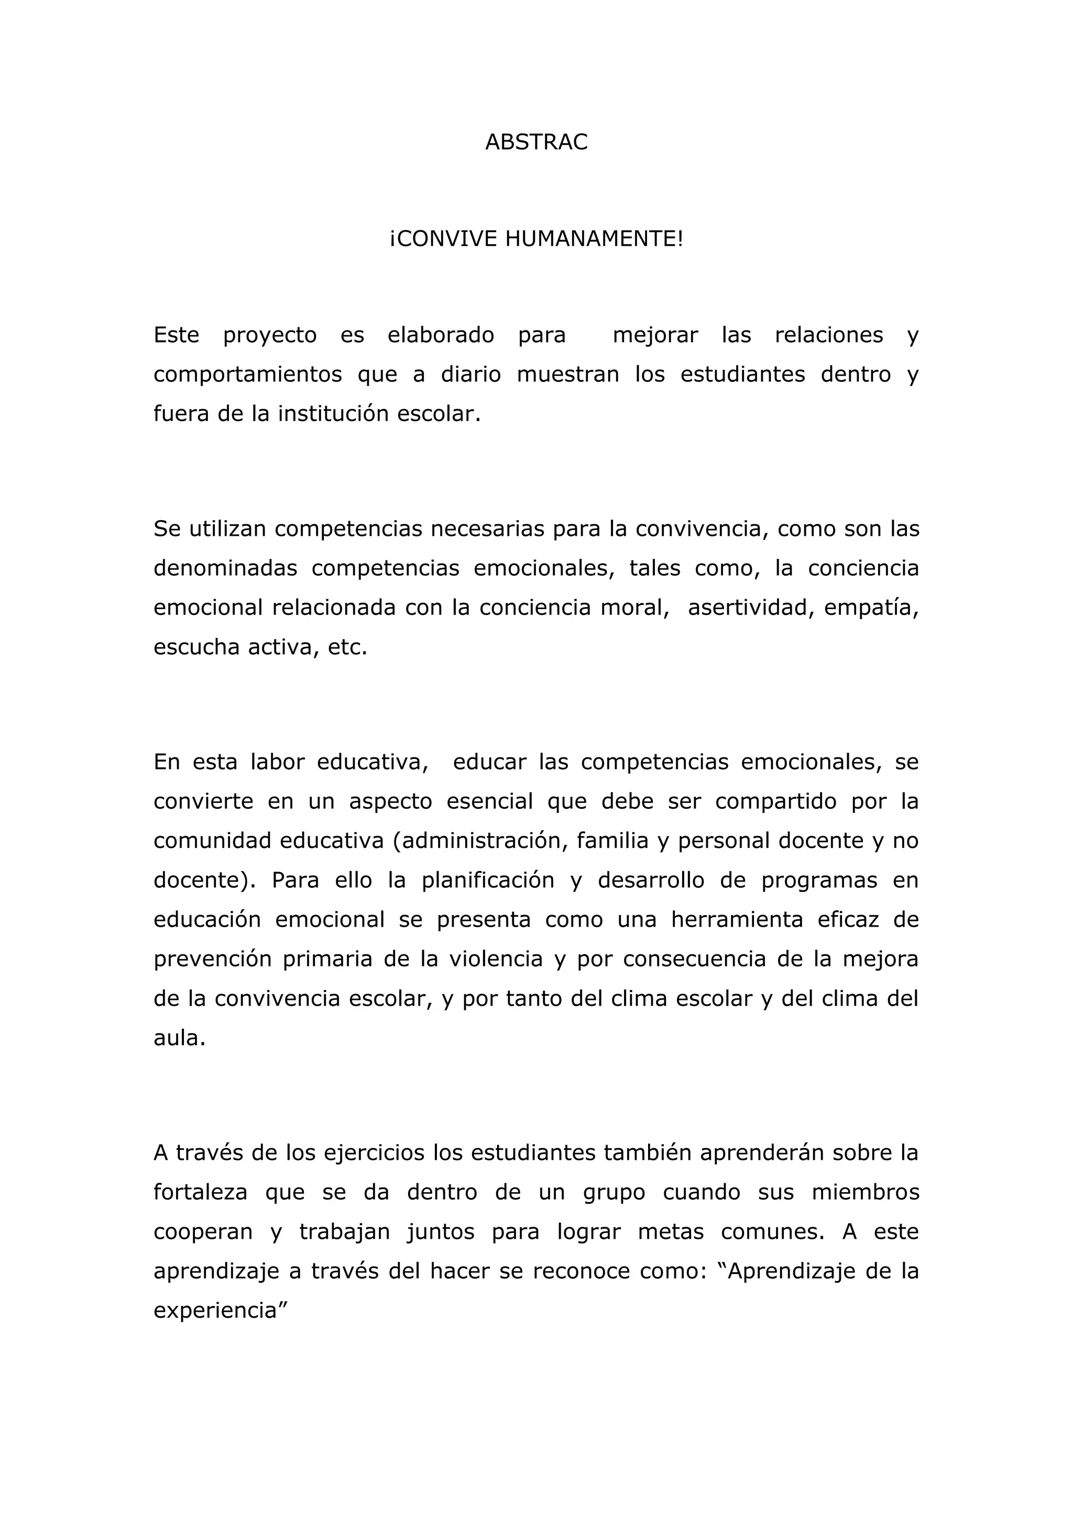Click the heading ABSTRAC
point(536,142)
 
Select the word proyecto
point(270,336)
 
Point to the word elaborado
point(441,336)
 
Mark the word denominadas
point(225,569)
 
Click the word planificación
point(488,881)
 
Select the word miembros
point(865,1193)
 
